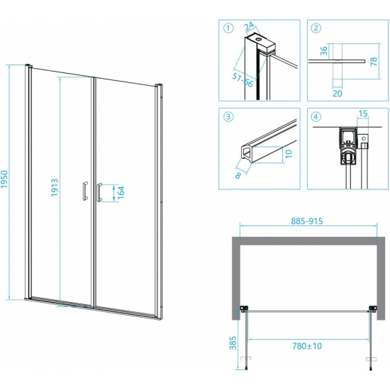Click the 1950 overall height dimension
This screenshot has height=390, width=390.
coord(5,179)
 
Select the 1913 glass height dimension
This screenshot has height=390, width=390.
coord(55,187)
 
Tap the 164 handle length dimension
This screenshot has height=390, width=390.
coord(121,192)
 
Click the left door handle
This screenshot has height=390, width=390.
coord(85,191)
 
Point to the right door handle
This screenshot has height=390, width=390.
coord(99,192)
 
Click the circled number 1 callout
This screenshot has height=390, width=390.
coord(228,28)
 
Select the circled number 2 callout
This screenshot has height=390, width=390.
coord(316,28)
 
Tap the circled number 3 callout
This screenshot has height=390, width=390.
coord(228,116)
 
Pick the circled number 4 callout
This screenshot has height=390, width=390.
coord(316,116)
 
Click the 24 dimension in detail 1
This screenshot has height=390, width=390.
coord(249,26)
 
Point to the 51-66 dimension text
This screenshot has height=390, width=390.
coord(243,80)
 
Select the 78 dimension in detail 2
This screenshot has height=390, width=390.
coord(374,61)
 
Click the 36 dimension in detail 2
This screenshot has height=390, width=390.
coord(324,51)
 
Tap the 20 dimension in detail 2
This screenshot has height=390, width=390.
coord(338,94)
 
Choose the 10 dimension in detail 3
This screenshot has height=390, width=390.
coord(289,154)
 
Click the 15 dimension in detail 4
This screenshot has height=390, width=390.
coord(363,113)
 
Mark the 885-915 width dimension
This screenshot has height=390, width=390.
coord(307,221)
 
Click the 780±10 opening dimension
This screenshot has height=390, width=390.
coord(307,346)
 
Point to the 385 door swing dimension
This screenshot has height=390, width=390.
coord(233,343)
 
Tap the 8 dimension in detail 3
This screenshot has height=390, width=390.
coord(238,175)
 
